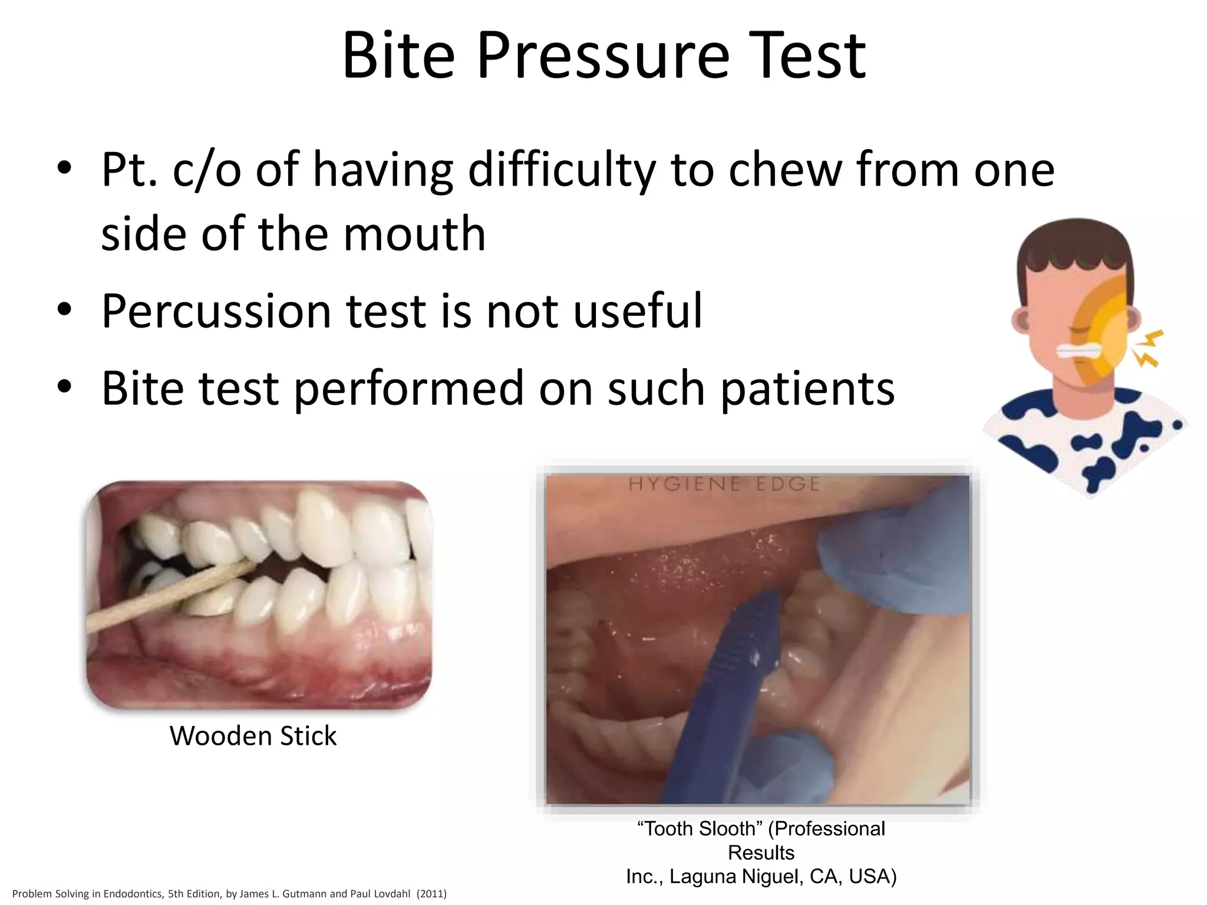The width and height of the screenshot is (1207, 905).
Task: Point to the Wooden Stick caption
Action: [253, 735]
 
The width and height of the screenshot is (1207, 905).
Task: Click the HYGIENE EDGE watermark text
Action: [724, 484]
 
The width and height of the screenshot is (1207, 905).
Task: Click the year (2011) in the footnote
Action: [431, 894]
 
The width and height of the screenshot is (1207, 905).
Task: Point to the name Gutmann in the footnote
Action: [301, 894]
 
